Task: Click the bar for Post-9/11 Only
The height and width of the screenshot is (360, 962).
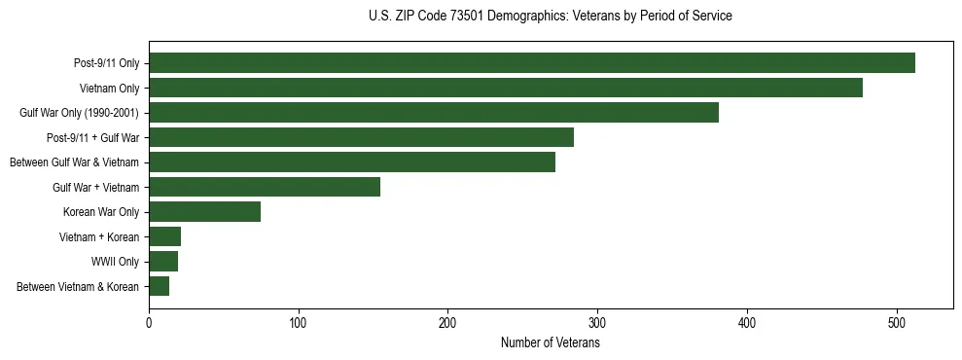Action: pyautogui.click(x=531, y=63)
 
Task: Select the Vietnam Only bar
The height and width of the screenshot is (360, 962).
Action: pyautogui.click(x=505, y=88)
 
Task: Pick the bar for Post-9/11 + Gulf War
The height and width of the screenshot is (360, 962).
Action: pyautogui.click(x=361, y=137)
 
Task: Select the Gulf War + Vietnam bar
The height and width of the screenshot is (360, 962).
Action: pyautogui.click(x=264, y=187)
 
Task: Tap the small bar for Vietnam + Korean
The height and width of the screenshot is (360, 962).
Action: pyautogui.click(x=164, y=236)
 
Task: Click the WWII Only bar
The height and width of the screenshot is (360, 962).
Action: pyautogui.click(x=163, y=262)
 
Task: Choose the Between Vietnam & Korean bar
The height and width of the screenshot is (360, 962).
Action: pyautogui.click(x=159, y=286)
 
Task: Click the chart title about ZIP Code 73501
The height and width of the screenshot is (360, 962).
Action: pyautogui.click(x=551, y=17)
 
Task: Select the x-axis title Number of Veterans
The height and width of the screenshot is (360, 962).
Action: pyautogui.click(x=550, y=343)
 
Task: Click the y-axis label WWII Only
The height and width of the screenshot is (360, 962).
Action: pyautogui.click(x=115, y=262)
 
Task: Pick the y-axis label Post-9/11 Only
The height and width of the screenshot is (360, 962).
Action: pyautogui.click(x=106, y=63)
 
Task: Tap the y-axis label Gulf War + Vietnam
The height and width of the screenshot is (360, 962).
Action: pyautogui.click(x=95, y=187)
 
